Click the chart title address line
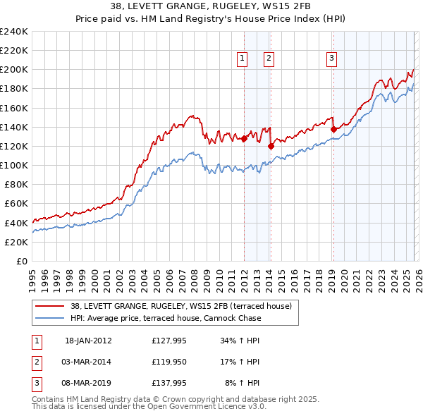(211, 8)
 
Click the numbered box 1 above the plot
(243, 59)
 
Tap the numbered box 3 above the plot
(331, 59)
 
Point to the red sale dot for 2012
(244, 139)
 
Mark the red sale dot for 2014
(271, 147)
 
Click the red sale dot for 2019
(333, 129)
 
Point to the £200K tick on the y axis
(14, 70)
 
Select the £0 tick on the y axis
(21, 261)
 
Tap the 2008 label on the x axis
(195, 279)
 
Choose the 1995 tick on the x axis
(32, 279)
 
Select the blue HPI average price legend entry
(166, 318)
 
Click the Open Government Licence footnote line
(149, 407)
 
